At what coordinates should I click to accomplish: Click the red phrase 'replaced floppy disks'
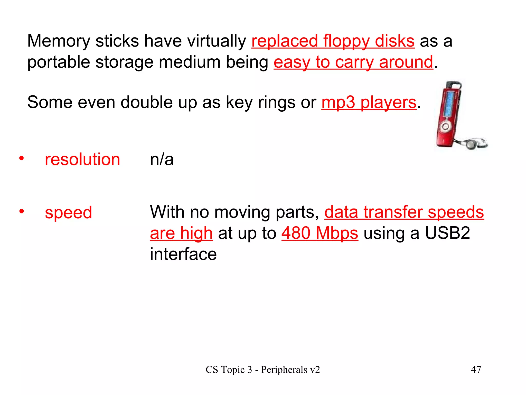click(333, 41)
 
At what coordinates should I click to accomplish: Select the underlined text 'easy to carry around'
click(353, 62)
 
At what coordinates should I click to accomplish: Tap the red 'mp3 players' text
click(369, 102)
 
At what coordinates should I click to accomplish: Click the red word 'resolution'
click(82, 159)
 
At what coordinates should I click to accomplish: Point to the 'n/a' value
click(162, 159)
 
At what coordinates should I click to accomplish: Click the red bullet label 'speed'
click(68, 213)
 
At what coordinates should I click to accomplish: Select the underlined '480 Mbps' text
click(320, 233)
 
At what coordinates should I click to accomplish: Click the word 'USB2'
click(447, 233)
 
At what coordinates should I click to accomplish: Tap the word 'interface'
click(183, 254)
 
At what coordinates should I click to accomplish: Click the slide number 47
click(476, 370)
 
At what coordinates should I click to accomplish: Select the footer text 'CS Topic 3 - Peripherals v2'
click(263, 370)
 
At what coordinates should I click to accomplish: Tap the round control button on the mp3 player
click(446, 126)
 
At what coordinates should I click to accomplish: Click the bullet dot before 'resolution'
click(22, 158)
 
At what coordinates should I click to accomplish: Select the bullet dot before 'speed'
click(22, 211)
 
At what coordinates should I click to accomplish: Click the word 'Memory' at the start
click(59, 41)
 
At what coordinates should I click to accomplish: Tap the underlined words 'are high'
click(181, 233)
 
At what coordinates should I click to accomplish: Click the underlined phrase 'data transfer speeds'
click(404, 212)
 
